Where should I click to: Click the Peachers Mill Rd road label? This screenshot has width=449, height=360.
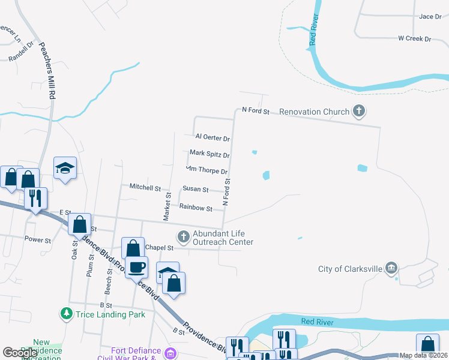tap(47, 71)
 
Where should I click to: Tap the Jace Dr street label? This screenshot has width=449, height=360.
tap(430, 16)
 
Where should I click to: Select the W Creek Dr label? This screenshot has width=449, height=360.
tap(415, 38)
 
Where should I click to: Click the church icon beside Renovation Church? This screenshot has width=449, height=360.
tap(359, 111)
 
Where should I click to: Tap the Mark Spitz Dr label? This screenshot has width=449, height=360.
tap(210, 154)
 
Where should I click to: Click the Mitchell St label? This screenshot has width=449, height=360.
tap(145, 187)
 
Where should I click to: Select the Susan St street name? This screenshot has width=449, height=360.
tap(196, 190)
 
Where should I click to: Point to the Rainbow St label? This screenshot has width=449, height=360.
tap(196, 209)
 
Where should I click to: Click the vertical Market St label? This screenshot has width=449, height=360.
tap(167, 205)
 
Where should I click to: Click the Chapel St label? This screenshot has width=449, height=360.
tap(160, 247)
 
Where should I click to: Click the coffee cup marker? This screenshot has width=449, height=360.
tap(136, 266)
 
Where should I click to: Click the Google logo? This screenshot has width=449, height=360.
tap(21, 353)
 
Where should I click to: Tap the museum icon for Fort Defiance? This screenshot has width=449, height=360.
tap(170, 352)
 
